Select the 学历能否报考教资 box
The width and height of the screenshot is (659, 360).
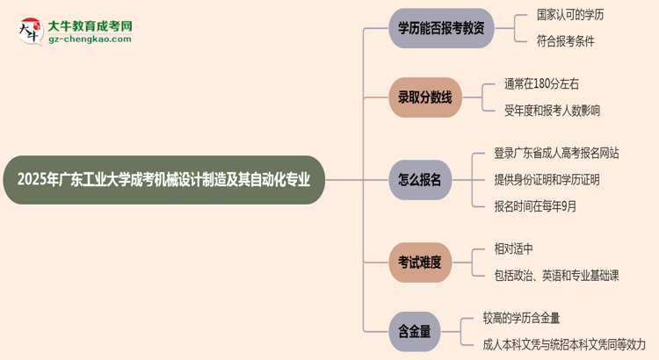click(x=441, y=28)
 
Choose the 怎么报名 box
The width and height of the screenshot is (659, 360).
click(x=419, y=180)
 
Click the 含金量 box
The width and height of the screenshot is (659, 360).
click(x=413, y=331)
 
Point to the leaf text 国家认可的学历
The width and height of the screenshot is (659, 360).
click(x=570, y=15)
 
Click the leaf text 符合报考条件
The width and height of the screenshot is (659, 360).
click(x=565, y=41)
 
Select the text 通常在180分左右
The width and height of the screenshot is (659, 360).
click(x=541, y=84)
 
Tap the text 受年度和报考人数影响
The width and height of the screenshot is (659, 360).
click(x=552, y=111)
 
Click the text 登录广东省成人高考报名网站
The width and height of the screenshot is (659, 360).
click(x=556, y=153)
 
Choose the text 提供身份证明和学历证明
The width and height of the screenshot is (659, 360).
click(x=547, y=180)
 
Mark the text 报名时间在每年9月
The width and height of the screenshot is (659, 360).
click(x=535, y=206)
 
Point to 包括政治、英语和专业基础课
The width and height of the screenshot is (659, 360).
click(x=556, y=276)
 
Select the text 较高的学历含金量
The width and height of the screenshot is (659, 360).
click(x=521, y=318)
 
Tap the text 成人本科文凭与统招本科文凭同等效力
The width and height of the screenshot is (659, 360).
click(x=564, y=344)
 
